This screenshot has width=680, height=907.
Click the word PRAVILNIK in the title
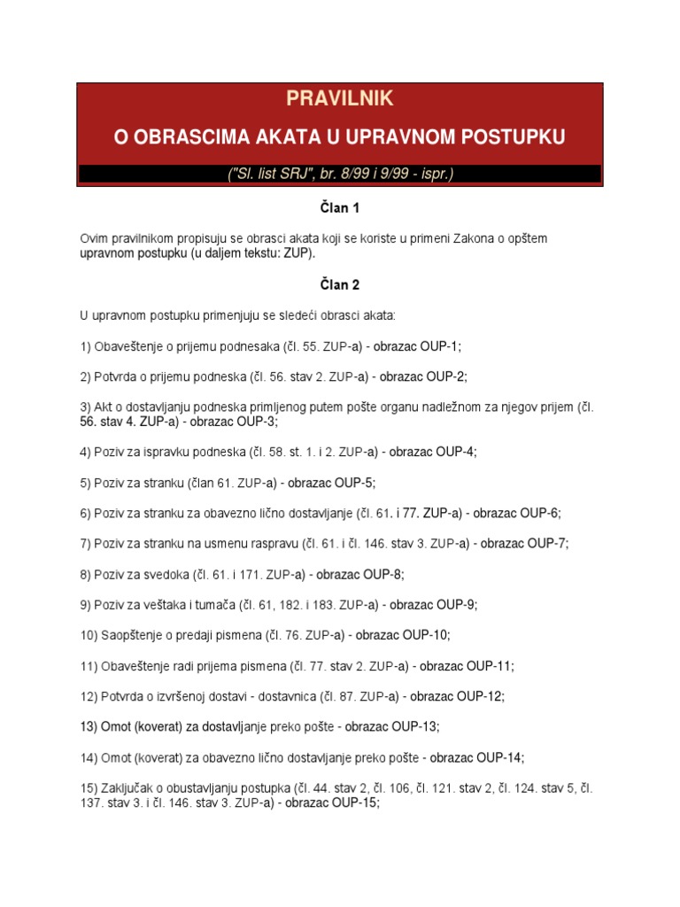[x=339, y=98]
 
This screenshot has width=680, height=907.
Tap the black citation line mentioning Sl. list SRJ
[x=339, y=174]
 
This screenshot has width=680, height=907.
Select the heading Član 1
[x=339, y=209]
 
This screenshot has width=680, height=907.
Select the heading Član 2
[x=339, y=285]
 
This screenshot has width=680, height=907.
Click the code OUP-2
[x=443, y=376]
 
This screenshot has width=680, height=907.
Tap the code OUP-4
[x=453, y=452]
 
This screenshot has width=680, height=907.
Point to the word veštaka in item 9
[x=166, y=605]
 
